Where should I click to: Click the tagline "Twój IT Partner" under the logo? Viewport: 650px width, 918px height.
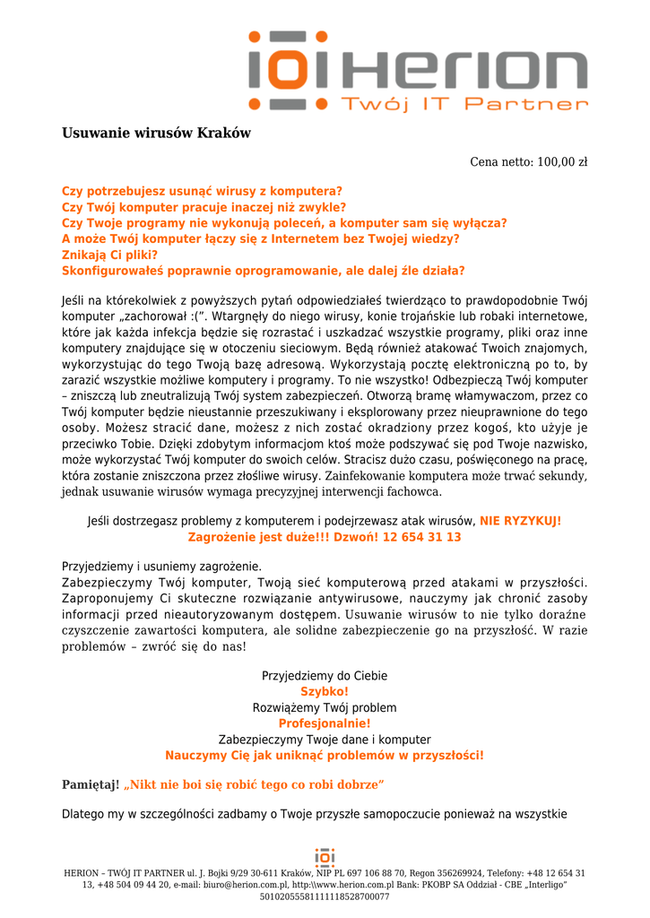pyautogui.click(x=464, y=104)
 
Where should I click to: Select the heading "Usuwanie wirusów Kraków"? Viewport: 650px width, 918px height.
pyautogui.click(x=156, y=134)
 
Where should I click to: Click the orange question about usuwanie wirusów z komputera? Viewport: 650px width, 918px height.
pyautogui.click(x=202, y=191)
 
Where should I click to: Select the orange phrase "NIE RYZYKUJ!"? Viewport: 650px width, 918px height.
pyautogui.click(x=521, y=521)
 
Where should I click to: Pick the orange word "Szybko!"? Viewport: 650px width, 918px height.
pyautogui.click(x=325, y=691)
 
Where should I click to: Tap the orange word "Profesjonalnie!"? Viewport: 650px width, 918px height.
pyautogui.click(x=325, y=723)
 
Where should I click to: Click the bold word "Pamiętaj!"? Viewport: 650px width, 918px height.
pyautogui.click(x=90, y=785)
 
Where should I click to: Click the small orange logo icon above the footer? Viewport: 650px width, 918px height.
pyautogui.click(x=325, y=856)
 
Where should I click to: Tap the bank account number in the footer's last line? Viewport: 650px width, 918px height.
pyautogui.click(x=325, y=896)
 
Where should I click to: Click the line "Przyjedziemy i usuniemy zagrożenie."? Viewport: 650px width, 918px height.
pyautogui.click(x=161, y=567)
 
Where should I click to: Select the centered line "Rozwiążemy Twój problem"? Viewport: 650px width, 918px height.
pyautogui.click(x=325, y=707)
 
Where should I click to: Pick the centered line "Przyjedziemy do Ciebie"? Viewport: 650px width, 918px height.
pyautogui.click(x=325, y=675)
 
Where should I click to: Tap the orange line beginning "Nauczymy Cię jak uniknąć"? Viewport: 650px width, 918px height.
pyautogui.click(x=325, y=756)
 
